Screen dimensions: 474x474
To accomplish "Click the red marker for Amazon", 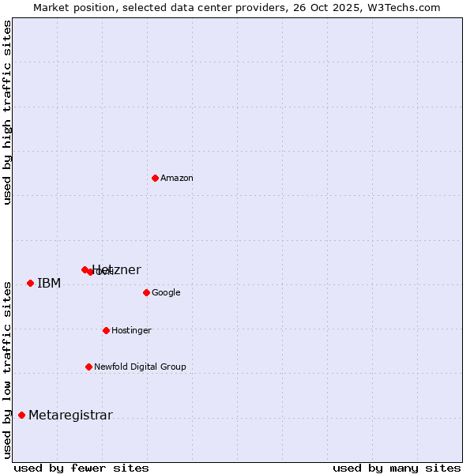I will [155, 178].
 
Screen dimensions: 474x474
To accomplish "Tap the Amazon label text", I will [176, 179].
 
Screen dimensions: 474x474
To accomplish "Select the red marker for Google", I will [146, 292].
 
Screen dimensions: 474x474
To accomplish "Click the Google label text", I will [166, 293].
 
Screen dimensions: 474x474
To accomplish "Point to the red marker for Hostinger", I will [106, 330].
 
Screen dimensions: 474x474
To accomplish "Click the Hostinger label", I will [131, 331].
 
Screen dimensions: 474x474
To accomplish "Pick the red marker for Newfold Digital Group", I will [88, 367].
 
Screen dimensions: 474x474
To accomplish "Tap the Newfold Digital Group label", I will [140, 367].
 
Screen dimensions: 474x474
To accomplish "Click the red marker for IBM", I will [30, 283].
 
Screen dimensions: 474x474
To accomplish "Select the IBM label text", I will [49, 284].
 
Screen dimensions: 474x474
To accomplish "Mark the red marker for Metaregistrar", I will [21, 415].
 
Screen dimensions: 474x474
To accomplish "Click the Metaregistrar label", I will [70, 416].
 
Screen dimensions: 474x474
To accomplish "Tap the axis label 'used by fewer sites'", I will [81, 468].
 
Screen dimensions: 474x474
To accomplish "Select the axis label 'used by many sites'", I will [397, 468].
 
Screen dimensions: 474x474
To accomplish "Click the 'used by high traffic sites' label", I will [8, 112].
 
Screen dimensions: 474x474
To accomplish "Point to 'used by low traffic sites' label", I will [8, 369].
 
